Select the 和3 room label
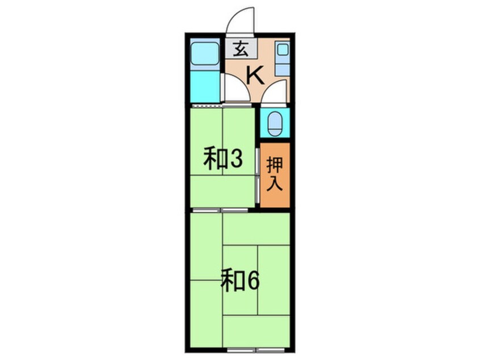223,160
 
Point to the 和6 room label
239,281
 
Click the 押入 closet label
276,175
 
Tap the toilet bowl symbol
275,123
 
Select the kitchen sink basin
282,50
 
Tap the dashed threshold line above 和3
205,106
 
